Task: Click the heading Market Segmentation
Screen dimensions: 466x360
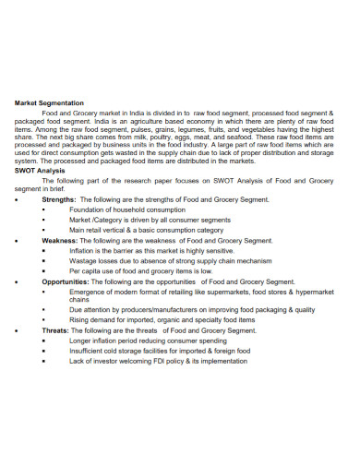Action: tap(50, 102)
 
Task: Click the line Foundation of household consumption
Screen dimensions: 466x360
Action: tap(126, 209)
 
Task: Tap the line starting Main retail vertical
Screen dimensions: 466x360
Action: tap(146, 231)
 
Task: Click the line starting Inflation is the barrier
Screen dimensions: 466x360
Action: tap(151, 250)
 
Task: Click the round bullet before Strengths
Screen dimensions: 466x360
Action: tap(18, 199)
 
